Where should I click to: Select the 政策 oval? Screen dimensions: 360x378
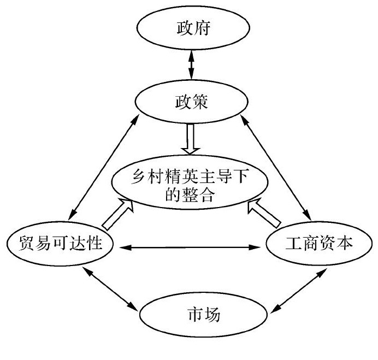coord(189,102)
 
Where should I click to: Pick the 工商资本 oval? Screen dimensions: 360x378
coord(316,244)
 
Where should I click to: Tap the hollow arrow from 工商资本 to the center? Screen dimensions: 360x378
coord(263,213)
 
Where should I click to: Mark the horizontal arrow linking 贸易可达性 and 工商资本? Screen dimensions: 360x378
coord(189,248)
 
